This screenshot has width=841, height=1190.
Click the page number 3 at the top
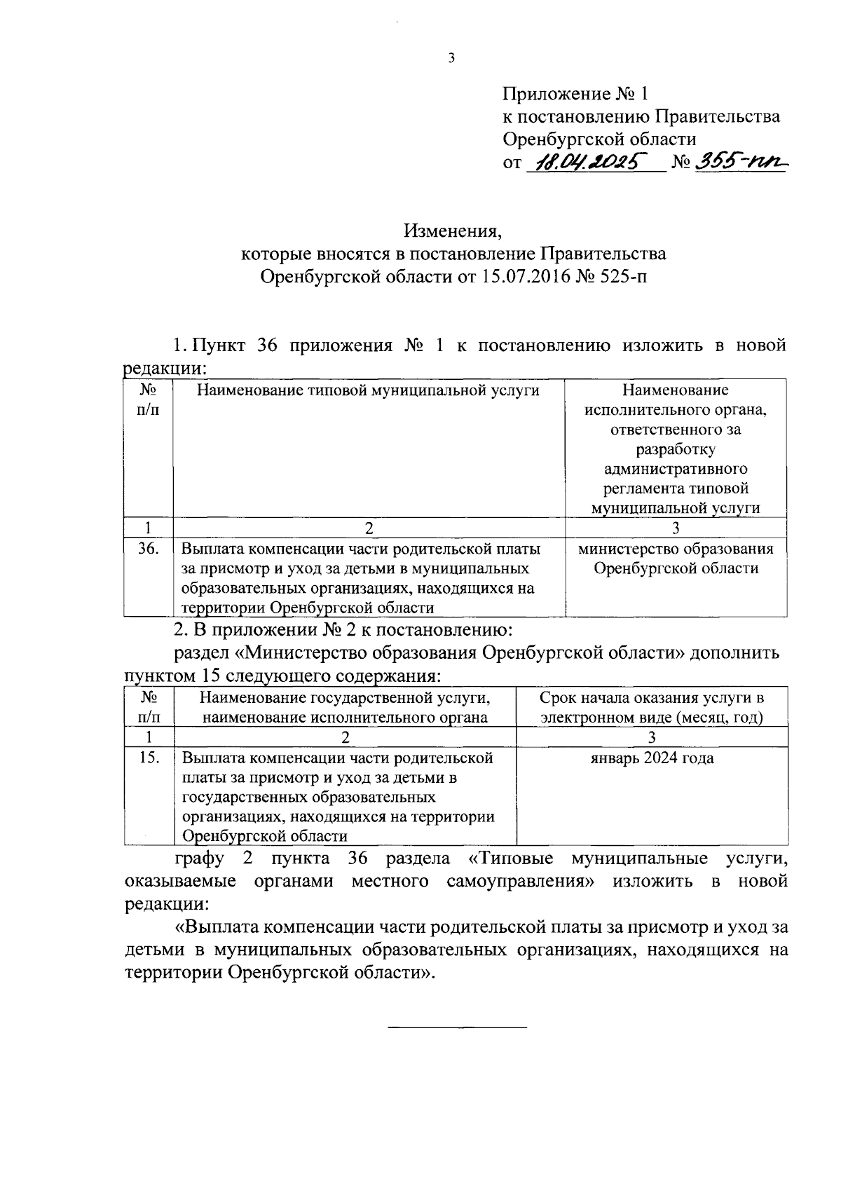(x=451, y=58)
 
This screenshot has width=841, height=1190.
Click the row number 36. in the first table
(x=148, y=549)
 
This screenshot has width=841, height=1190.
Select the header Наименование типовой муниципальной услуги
(x=368, y=390)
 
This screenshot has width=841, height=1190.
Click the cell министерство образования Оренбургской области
(x=676, y=559)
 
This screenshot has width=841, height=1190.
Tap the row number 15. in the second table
(x=148, y=758)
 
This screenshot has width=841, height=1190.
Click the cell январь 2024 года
(x=652, y=758)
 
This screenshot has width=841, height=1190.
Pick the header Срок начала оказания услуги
(x=652, y=698)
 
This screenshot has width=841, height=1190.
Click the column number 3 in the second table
(x=652, y=737)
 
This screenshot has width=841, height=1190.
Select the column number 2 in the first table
(x=369, y=528)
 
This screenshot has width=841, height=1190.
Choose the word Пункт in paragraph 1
(x=219, y=346)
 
